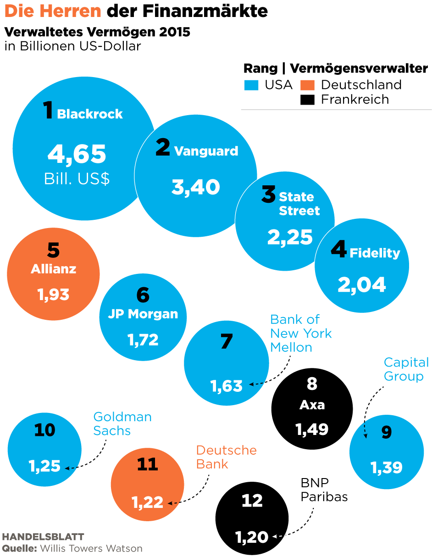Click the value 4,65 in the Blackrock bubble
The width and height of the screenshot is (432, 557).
[x=77, y=154]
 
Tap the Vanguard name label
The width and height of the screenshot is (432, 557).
[x=206, y=151]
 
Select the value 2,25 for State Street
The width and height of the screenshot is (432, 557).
[x=290, y=237]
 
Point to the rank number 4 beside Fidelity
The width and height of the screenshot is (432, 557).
[x=338, y=251]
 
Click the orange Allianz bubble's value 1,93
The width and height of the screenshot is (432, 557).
[x=54, y=294]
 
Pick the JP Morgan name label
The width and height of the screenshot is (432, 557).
[x=143, y=314]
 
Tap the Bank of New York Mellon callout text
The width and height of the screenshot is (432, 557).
[x=300, y=333]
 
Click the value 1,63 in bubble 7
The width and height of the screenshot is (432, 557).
[x=227, y=386]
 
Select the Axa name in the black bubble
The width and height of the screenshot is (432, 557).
[x=312, y=405]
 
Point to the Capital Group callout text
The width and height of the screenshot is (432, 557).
[x=406, y=369]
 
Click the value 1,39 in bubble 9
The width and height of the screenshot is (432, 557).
[x=386, y=468]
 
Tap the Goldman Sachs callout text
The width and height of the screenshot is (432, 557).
[x=122, y=423]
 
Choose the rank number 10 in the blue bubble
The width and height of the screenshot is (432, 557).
[x=44, y=430]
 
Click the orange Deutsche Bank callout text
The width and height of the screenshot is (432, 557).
[x=226, y=457]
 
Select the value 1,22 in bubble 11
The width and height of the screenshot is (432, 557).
[x=148, y=502]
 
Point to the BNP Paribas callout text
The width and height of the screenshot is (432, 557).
[x=324, y=490]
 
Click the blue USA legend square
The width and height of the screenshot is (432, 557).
[x=251, y=85]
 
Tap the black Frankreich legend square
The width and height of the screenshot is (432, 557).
[x=307, y=100]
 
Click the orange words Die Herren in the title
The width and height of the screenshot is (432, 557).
[x=53, y=11]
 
